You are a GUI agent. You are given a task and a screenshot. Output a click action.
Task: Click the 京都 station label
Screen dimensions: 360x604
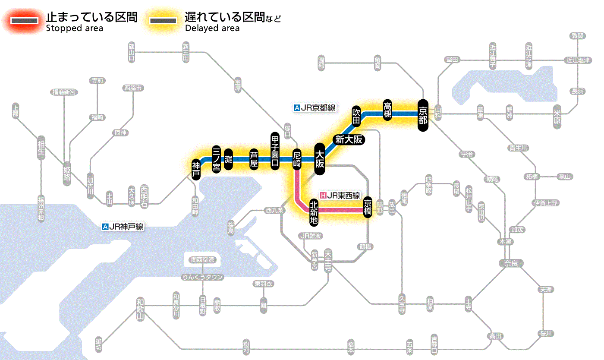(423, 115)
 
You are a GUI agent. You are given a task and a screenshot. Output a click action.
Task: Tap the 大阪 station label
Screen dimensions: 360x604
(320, 159)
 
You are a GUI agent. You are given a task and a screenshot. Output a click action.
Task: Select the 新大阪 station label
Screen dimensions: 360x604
(349, 140)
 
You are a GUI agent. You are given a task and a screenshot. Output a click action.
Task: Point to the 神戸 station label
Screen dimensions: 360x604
(196, 169)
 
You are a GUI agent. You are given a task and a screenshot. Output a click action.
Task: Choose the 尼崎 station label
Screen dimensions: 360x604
(297, 158)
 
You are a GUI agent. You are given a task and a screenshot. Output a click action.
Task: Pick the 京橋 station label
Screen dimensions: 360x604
(368, 207)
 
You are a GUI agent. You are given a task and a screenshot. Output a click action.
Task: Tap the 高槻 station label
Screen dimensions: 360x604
(387, 111)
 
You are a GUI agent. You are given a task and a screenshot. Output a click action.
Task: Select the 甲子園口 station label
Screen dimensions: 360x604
(275, 151)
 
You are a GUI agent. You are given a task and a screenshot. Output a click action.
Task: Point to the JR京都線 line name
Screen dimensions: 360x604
(315, 108)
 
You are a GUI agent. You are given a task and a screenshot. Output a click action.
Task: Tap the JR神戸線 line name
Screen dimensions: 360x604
(123, 227)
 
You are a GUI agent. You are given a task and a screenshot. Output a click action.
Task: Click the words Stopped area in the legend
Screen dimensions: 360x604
(75, 28)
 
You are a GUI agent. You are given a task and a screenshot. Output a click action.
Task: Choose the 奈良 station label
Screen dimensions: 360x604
(511, 263)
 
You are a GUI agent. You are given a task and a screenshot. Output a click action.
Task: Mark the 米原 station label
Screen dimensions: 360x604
(558, 117)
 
